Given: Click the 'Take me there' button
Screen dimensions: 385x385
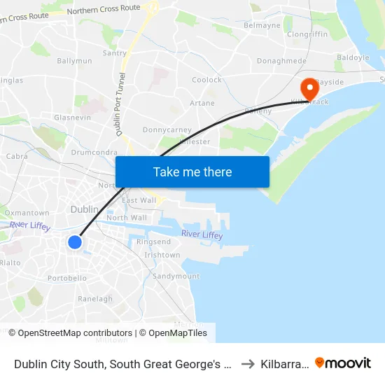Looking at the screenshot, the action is click(x=192, y=171).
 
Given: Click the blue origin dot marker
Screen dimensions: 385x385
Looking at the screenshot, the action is click(x=75, y=242).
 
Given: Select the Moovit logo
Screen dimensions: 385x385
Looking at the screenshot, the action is click(x=343, y=363).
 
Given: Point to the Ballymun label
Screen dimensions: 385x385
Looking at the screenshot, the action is click(x=75, y=61).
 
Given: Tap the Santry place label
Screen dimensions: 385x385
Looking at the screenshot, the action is click(x=114, y=52).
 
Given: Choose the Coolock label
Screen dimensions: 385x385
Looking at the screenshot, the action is click(x=206, y=80).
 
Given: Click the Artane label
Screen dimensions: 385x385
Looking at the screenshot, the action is click(x=202, y=103).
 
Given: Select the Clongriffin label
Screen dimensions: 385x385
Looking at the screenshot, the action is click(x=307, y=34).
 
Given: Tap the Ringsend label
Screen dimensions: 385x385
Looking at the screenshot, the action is click(x=153, y=241).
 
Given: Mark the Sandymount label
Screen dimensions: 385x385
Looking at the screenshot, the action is click(x=176, y=276).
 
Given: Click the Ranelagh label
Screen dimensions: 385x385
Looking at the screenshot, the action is click(x=95, y=299).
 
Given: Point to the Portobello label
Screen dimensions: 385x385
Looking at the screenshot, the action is click(x=67, y=278).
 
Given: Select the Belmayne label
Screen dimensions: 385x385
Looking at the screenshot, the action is click(x=262, y=25).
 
